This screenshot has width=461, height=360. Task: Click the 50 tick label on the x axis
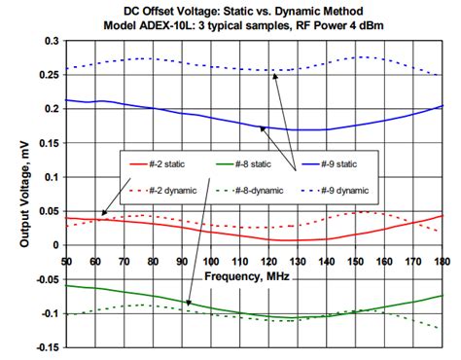coord(66,261)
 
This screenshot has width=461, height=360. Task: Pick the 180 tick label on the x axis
coord(443,261)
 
